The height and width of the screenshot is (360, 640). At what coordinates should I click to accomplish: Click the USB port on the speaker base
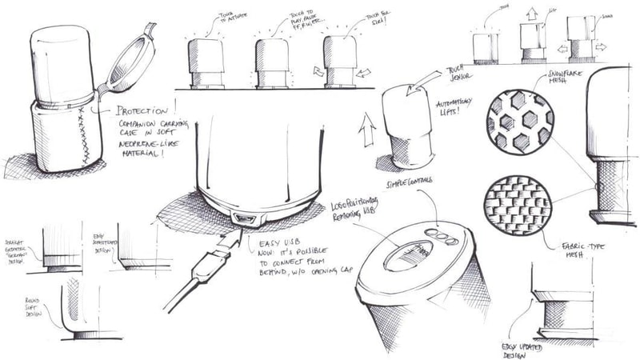pos(242,218)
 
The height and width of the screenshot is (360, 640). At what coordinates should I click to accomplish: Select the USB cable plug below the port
pos(222,249)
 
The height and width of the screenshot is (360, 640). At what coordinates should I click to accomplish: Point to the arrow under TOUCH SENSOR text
pos(421,82)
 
